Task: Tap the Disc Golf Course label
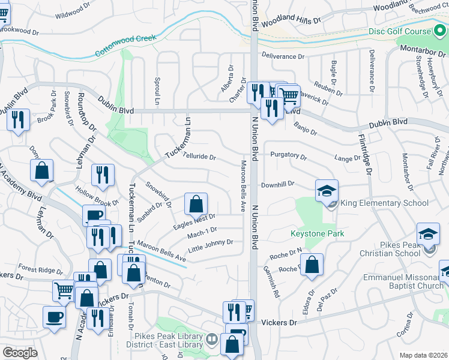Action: pos(400,32)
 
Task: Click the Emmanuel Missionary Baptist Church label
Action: pos(406,282)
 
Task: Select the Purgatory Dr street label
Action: pos(288,155)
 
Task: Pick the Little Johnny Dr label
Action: pos(210,242)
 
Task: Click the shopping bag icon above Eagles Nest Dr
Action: pos(196,205)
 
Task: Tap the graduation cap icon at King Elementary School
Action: pos(327,191)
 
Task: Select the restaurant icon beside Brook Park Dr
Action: pos(19,119)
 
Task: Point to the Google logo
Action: pos(20,353)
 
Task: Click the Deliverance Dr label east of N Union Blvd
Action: pos(283,56)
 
